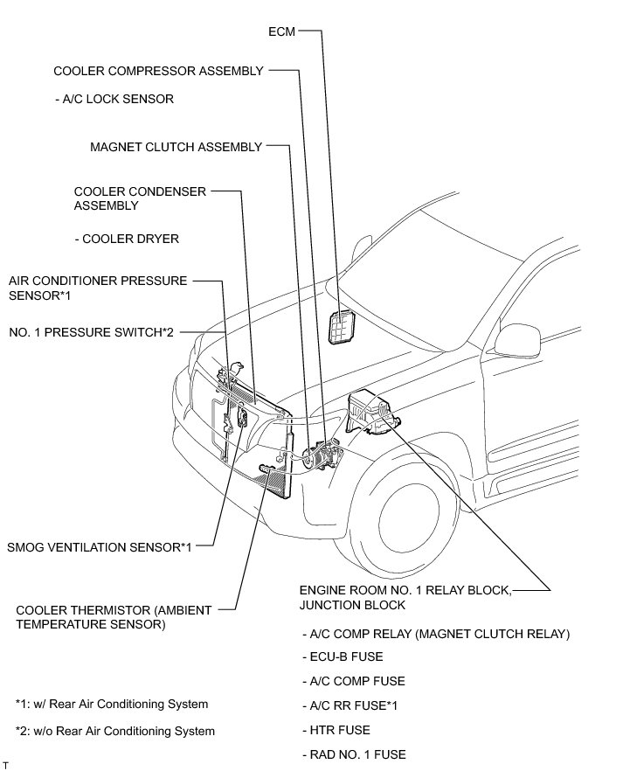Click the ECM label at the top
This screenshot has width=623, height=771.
click(x=282, y=32)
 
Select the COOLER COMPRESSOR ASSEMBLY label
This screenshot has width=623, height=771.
click(x=158, y=72)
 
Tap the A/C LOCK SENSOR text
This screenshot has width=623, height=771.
click(x=114, y=100)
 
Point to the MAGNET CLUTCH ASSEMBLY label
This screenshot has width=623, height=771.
click(x=176, y=147)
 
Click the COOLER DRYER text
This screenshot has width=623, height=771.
click(x=128, y=239)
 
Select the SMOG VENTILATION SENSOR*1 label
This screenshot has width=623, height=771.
click(x=99, y=547)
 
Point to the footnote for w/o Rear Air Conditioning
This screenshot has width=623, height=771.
click(x=114, y=731)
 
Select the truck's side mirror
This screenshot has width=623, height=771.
click(x=510, y=337)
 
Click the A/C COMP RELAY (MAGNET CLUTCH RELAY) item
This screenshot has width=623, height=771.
click(x=434, y=633)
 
